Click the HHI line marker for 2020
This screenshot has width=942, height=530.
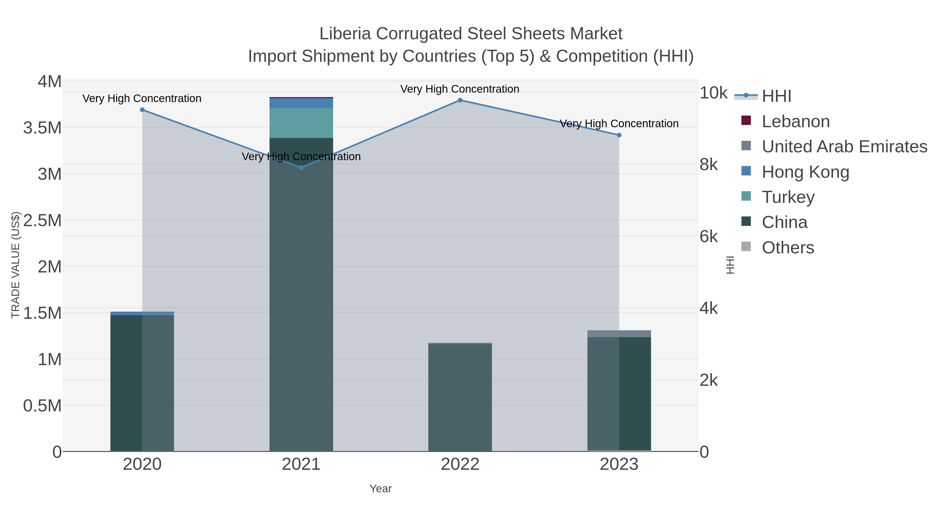point(142,110)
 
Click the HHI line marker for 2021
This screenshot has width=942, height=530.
point(301,168)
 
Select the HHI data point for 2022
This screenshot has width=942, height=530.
point(460,100)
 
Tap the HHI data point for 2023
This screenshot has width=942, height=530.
point(619,135)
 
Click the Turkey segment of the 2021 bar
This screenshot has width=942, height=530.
point(301,123)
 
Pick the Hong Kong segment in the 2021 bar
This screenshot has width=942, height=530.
point(301,103)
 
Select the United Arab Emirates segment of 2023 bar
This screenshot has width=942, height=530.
point(619,334)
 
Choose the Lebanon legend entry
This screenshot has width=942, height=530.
point(795,121)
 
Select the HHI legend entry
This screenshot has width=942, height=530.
point(776,96)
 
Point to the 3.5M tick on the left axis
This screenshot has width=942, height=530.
point(42,128)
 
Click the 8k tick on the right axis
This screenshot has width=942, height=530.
point(708,165)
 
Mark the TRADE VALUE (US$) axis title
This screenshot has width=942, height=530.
point(15,265)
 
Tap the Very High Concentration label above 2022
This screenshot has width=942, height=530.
point(460,89)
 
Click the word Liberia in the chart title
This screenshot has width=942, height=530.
point(345,34)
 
